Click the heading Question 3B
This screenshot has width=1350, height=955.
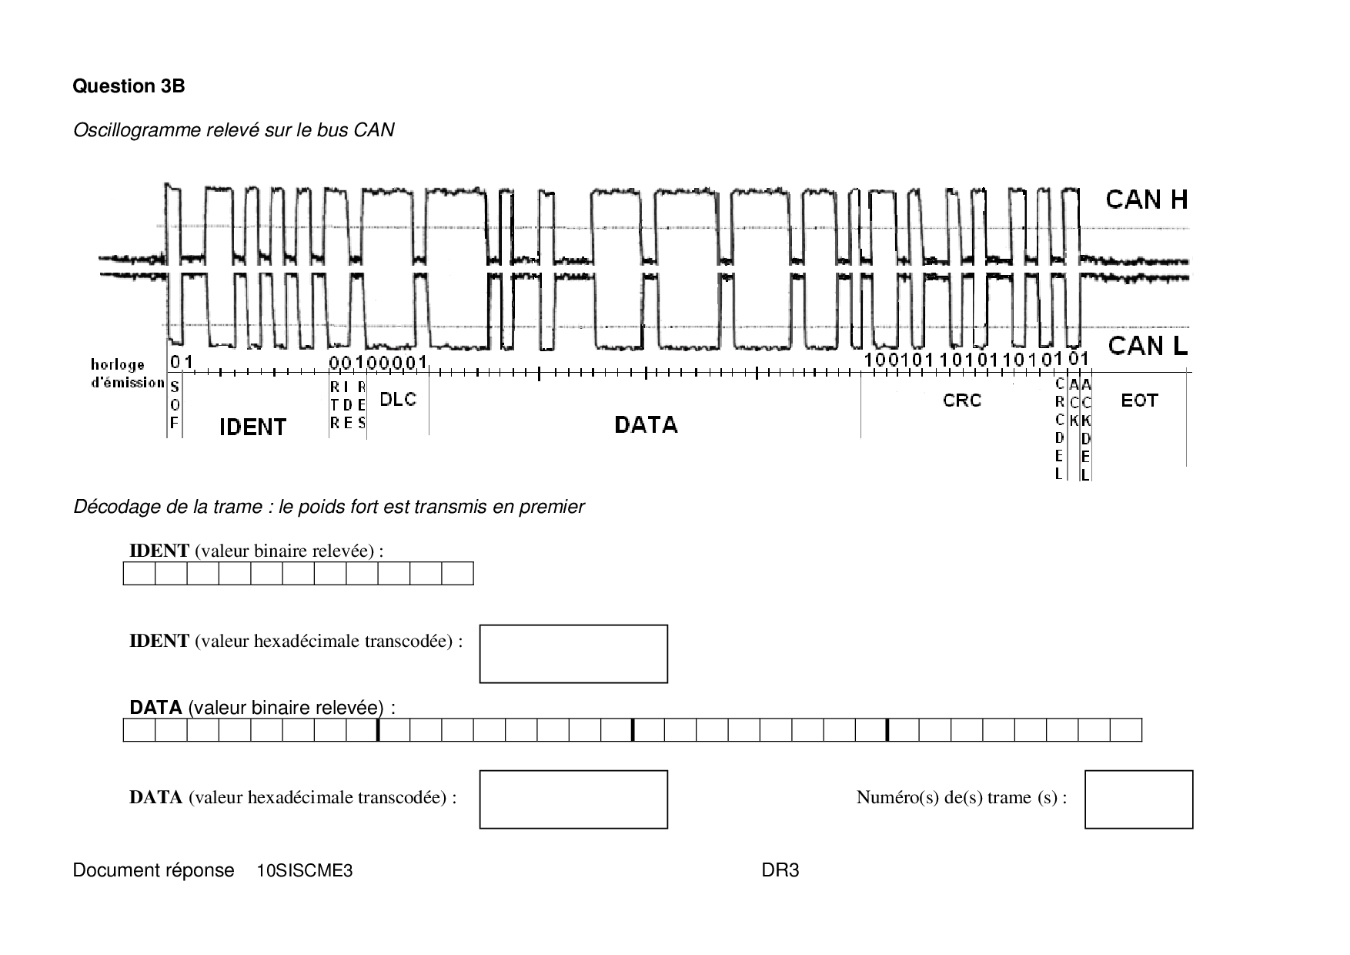129,86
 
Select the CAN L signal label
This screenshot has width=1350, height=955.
1148,346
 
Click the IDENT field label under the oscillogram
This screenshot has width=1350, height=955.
252,427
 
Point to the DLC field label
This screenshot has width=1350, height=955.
398,399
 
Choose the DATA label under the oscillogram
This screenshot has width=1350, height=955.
646,424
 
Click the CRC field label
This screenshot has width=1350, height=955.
962,400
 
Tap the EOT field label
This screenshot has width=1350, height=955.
1139,400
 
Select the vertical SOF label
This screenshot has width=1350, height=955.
175,405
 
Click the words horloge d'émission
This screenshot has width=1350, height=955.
127,374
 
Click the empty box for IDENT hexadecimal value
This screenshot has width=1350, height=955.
573,654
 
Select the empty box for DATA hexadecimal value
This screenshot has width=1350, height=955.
573,799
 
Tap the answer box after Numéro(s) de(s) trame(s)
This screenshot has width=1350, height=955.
1138,799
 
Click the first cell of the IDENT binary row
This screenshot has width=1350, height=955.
139,574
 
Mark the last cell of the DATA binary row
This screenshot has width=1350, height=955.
1126,729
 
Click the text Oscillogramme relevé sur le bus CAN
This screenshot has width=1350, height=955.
233,130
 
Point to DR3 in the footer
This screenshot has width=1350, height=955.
780,870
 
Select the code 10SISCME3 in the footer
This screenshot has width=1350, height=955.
305,871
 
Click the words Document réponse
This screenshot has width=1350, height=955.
153,870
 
